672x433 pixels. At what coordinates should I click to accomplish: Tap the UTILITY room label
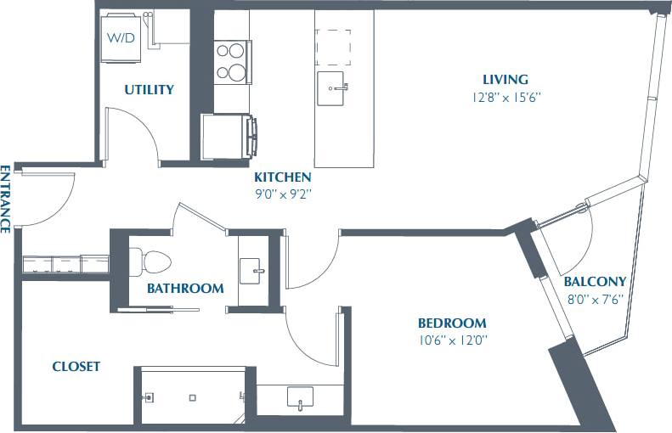[150, 89]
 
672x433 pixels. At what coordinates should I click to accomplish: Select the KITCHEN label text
[282, 177]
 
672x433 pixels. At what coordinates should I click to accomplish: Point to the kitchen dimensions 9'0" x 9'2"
[282, 194]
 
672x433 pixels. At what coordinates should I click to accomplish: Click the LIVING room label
[505, 80]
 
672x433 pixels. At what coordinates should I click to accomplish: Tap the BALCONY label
[595, 282]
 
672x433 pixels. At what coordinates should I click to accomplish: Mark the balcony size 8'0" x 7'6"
[595, 298]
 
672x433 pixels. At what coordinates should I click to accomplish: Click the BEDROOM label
[452, 323]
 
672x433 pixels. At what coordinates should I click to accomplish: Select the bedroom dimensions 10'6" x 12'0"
[452, 340]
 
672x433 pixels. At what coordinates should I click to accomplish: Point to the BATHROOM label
[185, 289]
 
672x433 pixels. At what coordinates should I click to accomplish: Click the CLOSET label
[76, 367]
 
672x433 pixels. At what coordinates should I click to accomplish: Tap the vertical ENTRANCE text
[6, 199]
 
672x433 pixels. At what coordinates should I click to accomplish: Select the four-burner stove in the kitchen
[231, 59]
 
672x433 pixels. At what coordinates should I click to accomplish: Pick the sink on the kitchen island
[333, 87]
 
